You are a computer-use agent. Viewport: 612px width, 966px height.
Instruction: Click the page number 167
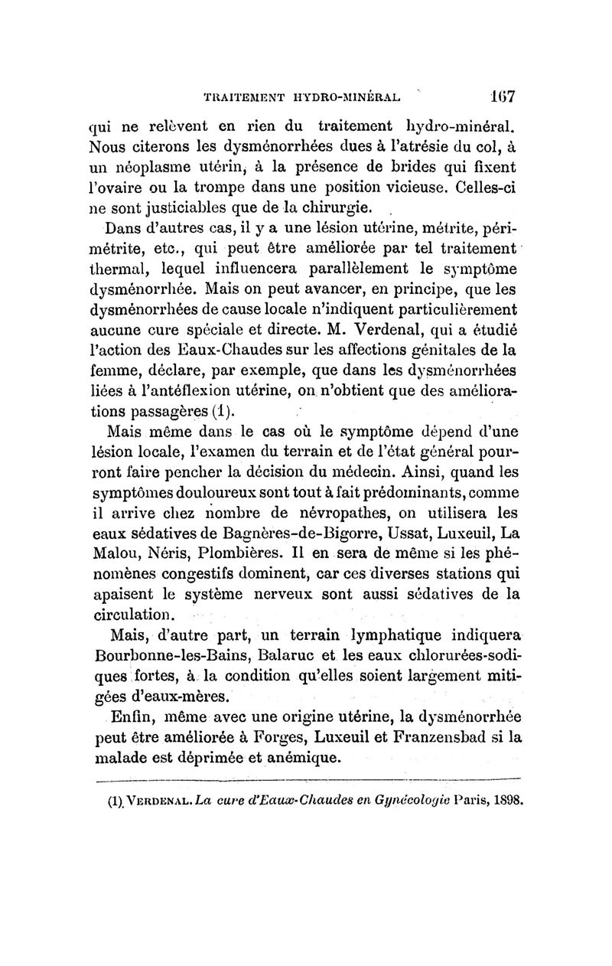(x=503, y=97)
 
